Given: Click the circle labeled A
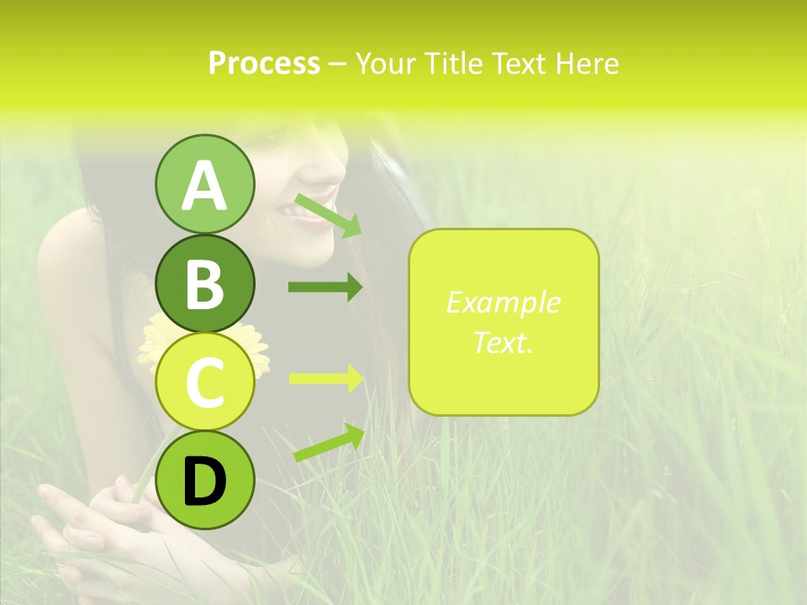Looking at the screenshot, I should [x=204, y=184].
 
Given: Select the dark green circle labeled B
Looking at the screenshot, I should [x=204, y=283].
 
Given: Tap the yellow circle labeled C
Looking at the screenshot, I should [x=204, y=382].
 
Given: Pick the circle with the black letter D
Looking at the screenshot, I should [x=204, y=481].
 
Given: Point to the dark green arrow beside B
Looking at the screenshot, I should [x=325, y=287].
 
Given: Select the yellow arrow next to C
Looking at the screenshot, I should [x=325, y=378].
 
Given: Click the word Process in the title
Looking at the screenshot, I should [x=264, y=63].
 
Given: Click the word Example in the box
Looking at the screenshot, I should [x=503, y=302].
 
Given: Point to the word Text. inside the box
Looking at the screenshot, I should [x=503, y=342].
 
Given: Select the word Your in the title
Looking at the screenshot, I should [x=386, y=63].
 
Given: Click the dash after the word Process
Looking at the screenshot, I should [x=337, y=64].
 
